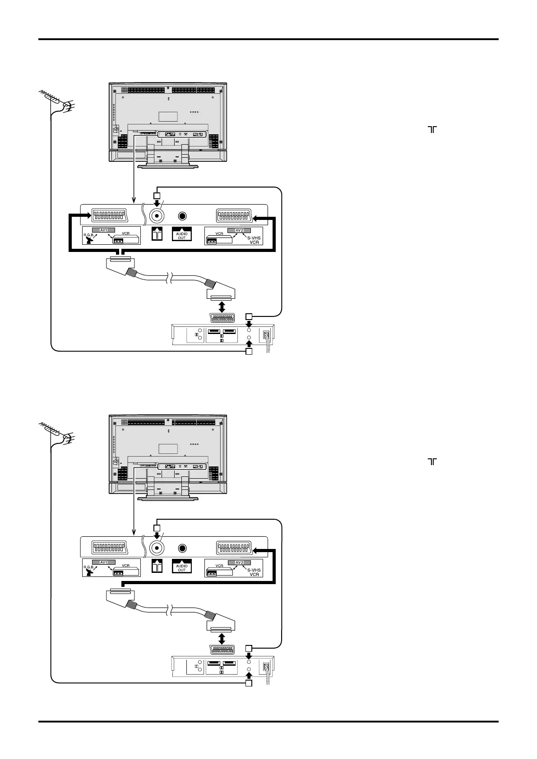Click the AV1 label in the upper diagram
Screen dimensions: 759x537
(103, 230)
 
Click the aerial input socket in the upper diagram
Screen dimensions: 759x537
(157, 216)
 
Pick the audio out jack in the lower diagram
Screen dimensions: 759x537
(182, 548)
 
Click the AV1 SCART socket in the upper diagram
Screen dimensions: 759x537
(110, 215)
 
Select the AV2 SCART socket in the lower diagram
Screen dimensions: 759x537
(234, 548)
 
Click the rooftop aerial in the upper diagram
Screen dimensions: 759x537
(55, 100)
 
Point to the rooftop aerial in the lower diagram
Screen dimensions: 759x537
(55, 432)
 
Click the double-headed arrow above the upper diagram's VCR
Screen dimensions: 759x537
(221, 306)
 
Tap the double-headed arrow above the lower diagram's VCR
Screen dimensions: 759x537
(221, 639)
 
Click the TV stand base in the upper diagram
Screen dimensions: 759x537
(167, 166)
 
